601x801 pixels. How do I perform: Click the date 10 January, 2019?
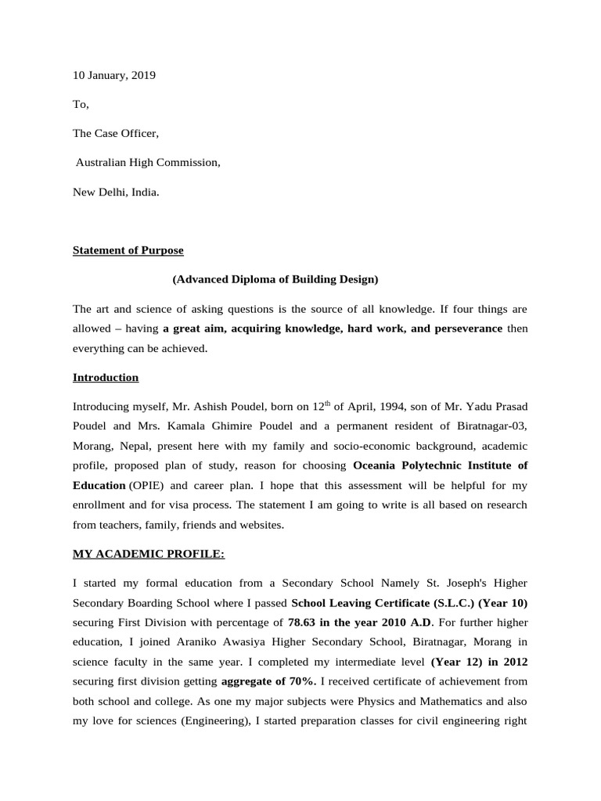[113, 75]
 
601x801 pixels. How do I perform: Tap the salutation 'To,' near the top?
[81, 104]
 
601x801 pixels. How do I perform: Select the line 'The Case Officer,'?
[116, 133]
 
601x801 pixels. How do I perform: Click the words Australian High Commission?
[147, 162]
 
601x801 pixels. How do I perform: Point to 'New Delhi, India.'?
[116, 191]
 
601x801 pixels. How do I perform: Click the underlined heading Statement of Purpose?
[128, 250]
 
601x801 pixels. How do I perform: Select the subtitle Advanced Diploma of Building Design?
[275, 279]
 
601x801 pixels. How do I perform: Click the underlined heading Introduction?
[106, 377]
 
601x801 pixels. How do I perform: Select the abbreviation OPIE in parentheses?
[146, 485]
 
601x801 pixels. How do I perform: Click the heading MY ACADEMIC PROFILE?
[149, 554]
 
